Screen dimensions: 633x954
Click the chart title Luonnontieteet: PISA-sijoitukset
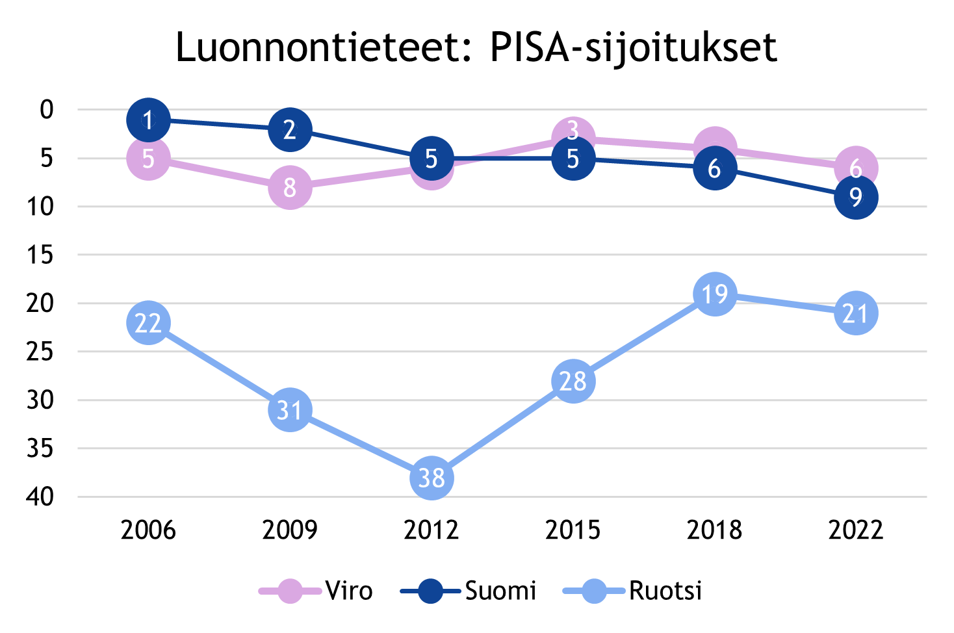point(476,48)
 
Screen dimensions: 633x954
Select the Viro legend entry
point(316,591)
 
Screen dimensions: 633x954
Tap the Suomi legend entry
point(469,591)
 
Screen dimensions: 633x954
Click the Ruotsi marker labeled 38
point(432,478)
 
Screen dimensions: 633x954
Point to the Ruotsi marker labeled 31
point(290,410)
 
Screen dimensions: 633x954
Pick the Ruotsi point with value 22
point(148,323)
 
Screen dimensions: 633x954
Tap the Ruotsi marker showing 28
point(573,381)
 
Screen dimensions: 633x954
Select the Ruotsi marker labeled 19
point(714,294)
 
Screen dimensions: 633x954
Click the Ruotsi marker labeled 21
point(856,313)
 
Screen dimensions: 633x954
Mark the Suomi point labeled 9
point(856,197)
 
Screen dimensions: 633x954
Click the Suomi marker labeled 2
point(290,129)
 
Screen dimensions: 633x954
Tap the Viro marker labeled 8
point(290,187)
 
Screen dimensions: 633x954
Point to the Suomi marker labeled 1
point(148,120)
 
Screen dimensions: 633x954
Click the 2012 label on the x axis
point(432,530)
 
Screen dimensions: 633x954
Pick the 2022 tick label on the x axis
point(856,530)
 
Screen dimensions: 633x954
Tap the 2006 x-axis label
point(148,530)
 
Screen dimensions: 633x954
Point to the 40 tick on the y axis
point(40,497)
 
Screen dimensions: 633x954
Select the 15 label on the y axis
point(40,255)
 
